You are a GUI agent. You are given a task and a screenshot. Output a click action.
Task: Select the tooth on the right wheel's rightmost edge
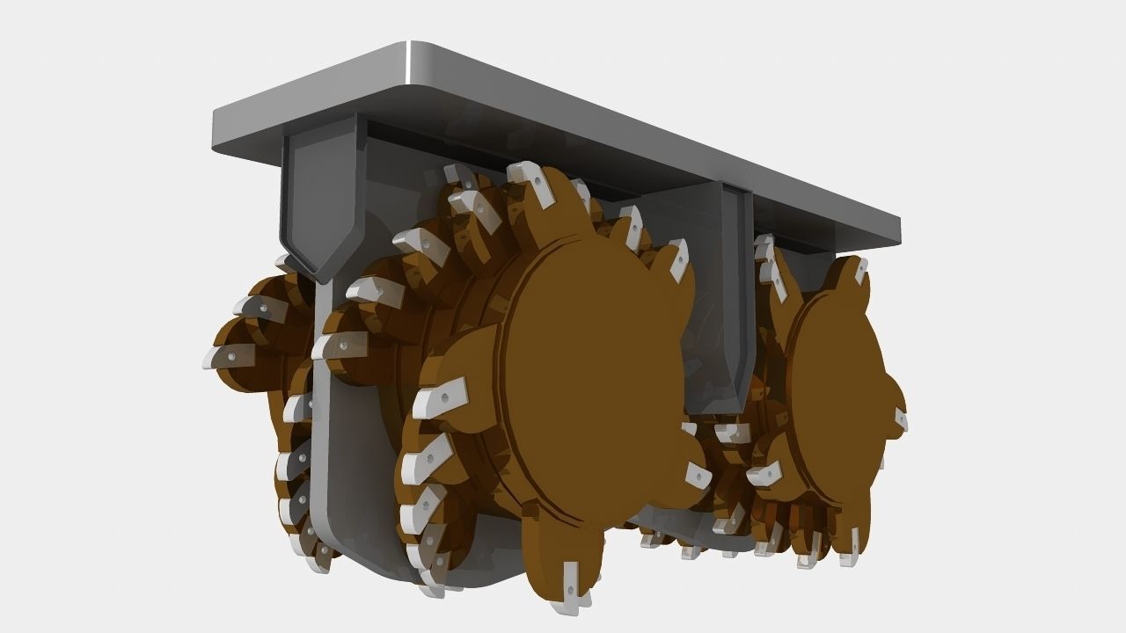901,420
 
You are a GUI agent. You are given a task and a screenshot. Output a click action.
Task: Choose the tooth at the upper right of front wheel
677,257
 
